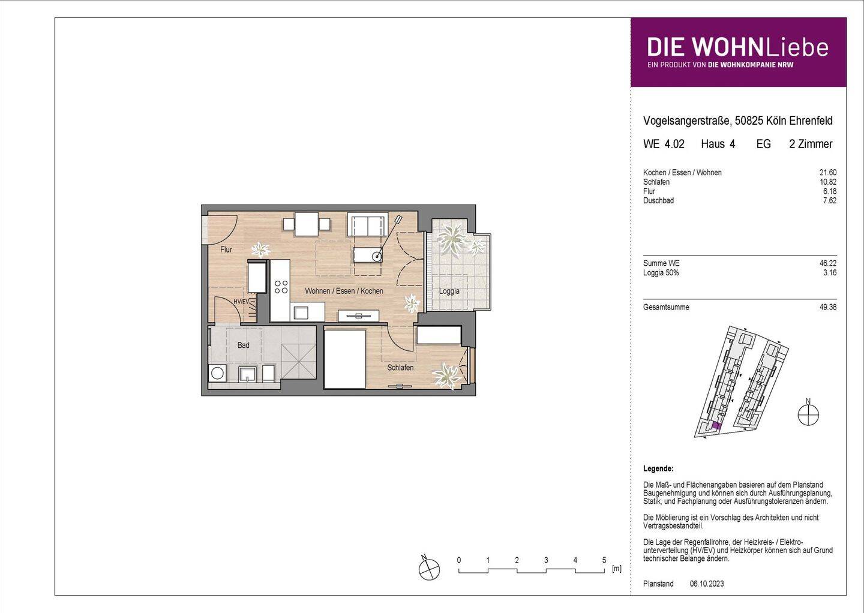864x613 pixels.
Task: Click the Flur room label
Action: click(x=226, y=250)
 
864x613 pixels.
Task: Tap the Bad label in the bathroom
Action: click(x=243, y=345)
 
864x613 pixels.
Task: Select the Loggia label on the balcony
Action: click(x=449, y=292)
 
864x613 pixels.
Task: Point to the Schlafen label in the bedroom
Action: click(x=400, y=368)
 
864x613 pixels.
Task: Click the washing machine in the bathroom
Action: click(x=217, y=373)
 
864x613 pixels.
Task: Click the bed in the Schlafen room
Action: click(x=344, y=358)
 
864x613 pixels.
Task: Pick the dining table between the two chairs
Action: click(x=307, y=224)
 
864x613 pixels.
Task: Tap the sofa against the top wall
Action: click(x=367, y=225)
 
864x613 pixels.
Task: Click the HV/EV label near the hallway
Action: click(x=241, y=301)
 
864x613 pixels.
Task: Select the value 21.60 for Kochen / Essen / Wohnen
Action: click(x=828, y=173)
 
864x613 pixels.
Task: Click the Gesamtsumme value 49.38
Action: click(x=828, y=307)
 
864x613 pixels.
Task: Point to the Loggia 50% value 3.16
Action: click(x=830, y=273)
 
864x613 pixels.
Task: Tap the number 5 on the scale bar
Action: click(x=604, y=560)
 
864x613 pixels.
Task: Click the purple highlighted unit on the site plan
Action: click(x=715, y=427)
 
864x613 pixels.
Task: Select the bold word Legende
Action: click(x=658, y=468)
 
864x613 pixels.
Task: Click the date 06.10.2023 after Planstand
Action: click(x=707, y=584)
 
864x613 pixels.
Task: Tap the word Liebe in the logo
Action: click(x=797, y=47)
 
